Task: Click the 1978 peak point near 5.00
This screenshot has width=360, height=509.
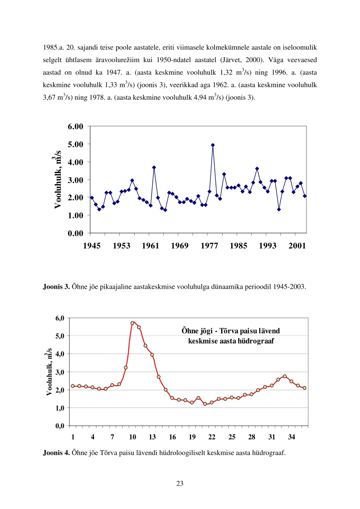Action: [213, 145]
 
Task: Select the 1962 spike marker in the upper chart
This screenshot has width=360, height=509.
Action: [154, 167]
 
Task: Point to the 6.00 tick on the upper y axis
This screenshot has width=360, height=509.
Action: [75, 126]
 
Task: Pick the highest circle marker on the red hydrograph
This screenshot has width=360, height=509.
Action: [132, 323]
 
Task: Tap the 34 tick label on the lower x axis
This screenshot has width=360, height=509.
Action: [292, 437]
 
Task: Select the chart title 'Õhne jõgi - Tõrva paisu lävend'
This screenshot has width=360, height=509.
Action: [231, 331]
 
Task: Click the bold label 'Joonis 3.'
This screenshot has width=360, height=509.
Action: [56, 286]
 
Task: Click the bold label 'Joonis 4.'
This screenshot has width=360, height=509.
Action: [56, 451]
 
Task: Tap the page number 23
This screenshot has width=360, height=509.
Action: [180, 484]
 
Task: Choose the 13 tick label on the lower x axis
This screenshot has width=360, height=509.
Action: [152, 437]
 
